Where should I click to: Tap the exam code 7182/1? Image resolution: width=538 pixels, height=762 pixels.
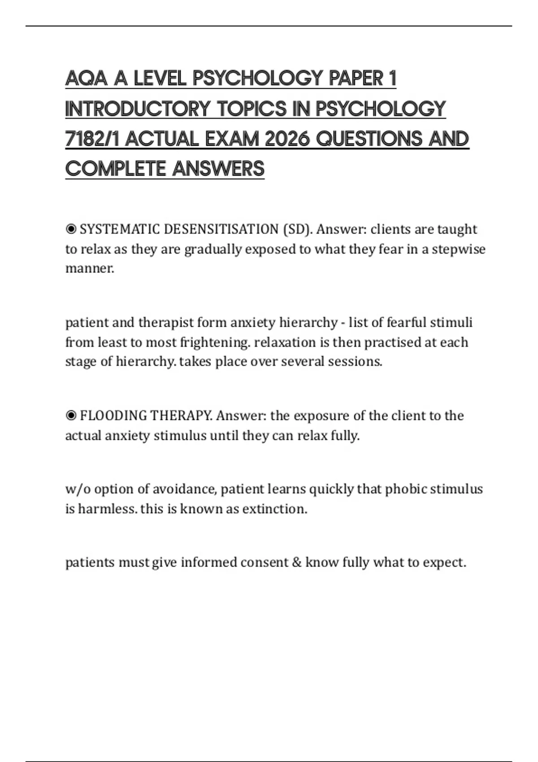(92, 139)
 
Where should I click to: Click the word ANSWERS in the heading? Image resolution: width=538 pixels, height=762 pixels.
(218, 169)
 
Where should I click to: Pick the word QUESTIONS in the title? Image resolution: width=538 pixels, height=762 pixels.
(369, 139)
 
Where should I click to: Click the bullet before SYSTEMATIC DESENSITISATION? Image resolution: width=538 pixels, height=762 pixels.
(71, 229)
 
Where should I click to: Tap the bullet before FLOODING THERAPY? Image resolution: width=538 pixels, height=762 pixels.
(71, 416)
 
